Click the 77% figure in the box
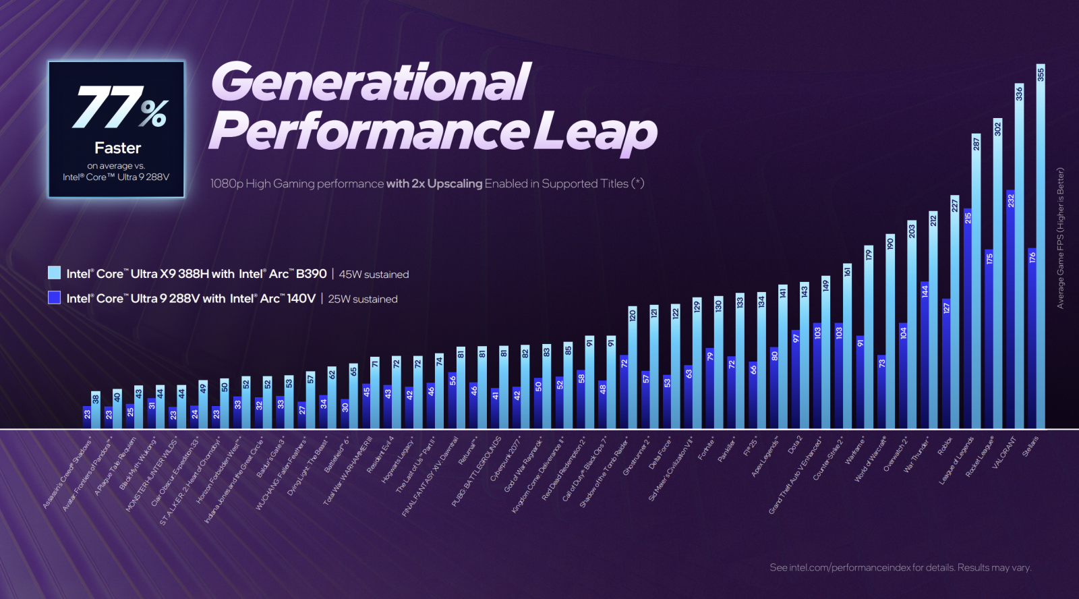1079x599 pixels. click(120, 108)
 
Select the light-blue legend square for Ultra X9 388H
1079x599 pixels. click(55, 273)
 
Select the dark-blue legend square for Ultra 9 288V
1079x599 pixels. click(55, 297)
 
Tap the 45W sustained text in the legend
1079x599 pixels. click(374, 275)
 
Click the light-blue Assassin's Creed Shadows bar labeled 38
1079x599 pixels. click(96, 411)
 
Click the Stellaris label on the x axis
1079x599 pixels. click(1030, 446)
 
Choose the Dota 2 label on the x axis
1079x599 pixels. click(795, 445)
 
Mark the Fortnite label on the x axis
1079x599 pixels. click(707, 448)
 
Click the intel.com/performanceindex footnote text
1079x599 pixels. click(900, 567)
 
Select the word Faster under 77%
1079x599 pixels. click(117, 148)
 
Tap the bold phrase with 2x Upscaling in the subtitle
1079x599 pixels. click(434, 183)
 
